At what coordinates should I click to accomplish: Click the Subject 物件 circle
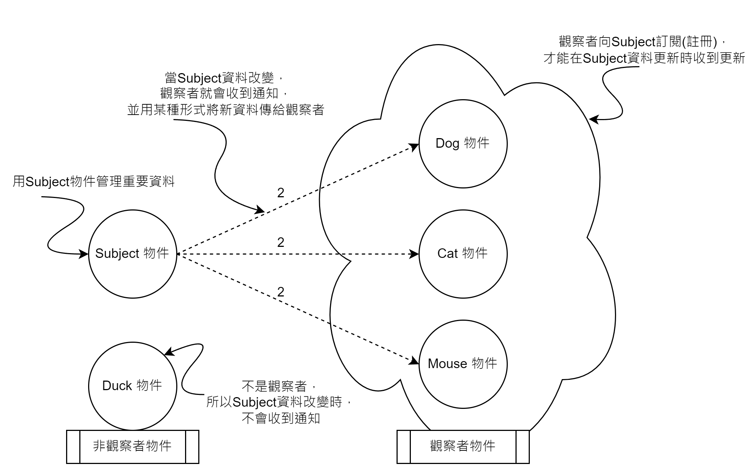pyautogui.click(x=133, y=254)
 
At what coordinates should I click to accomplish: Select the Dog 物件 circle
pyautogui.click(x=463, y=144)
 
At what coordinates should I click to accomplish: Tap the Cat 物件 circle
pyautogui.click(x=463, y=254)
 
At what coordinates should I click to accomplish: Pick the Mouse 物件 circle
pyautogui.click(x=463, y=364)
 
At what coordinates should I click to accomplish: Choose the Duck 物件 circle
pyautogui.click(x=133, y=386)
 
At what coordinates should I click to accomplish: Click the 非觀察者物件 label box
pyautogui.click(x=133, y=447)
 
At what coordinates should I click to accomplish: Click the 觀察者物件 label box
pyautogui.click(x=463, y=447)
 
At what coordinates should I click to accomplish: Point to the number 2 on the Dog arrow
pyautogui.click(x=281, y=193)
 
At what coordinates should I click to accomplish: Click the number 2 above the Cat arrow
pyautogui.click(x=281, y=243)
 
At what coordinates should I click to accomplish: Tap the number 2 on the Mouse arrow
pyautogui.click(x=281, y=292)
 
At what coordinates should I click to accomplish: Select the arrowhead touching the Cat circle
pyautogui.click(x=415, y=254)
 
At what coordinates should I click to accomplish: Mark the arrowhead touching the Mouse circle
pyautogui.click(x=415, y=361)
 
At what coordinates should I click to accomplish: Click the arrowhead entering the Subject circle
pyautogui.click(x=84, y=254)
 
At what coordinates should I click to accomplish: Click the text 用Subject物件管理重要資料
pyautogui.click(x=94, y=181)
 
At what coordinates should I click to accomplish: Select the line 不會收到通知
pyautogui.click(x=281, y=418)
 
